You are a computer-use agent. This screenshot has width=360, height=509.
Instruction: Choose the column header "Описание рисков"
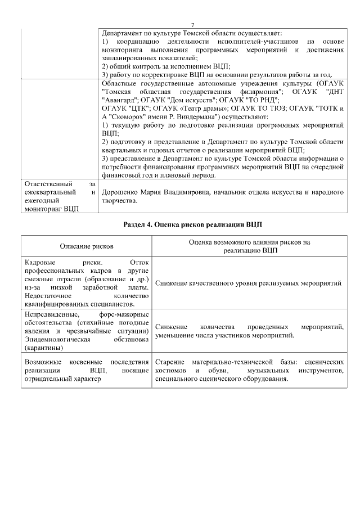[86, 246]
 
